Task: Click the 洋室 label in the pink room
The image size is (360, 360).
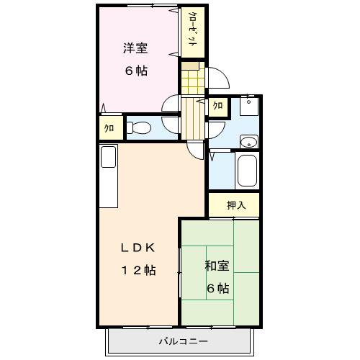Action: coord(135,49)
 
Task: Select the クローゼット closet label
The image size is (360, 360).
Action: coord(193,31)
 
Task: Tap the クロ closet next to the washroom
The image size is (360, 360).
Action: coord(217,107)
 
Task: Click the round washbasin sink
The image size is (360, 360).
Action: coord(248,141)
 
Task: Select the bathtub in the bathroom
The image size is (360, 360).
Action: coord(247,171)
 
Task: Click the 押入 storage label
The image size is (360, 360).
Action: coord(236,205)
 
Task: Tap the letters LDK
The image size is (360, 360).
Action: coord(137,247)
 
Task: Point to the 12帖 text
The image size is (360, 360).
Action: coord(137,270)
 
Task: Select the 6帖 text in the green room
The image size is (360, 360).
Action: coord(218,289)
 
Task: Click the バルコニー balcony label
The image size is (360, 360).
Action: coord(184,341)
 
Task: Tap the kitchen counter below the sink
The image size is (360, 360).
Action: coord(108,187)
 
